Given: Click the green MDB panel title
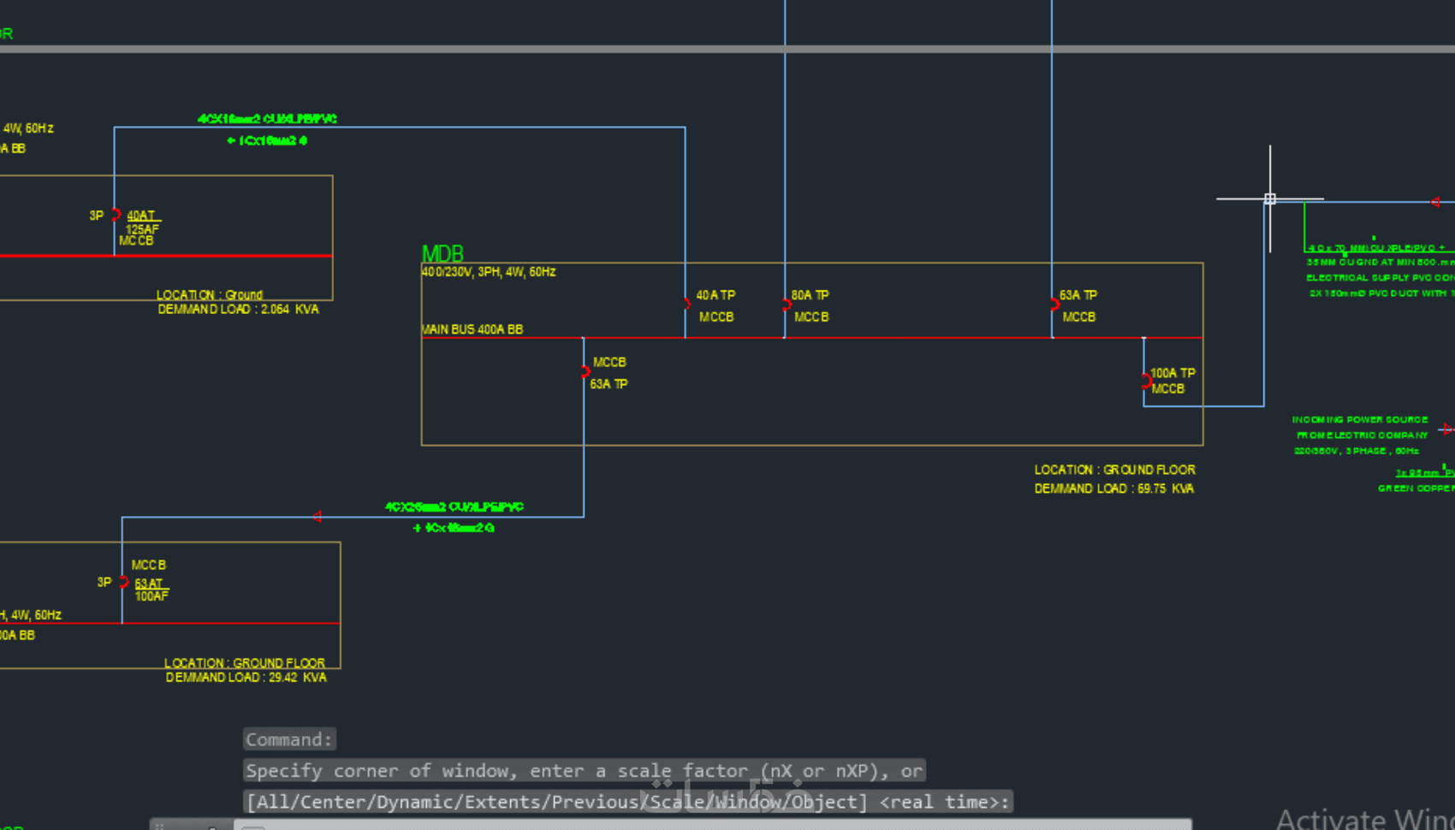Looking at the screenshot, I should tap(442, 254).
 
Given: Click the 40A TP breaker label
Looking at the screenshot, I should tap(716, 295).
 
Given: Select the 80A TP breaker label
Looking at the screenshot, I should tap(810, 295).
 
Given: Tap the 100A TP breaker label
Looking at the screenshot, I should tap(1173, 373).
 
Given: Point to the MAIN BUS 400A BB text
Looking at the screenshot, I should tap(472, 329).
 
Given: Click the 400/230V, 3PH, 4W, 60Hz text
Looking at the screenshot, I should tap(489, 272).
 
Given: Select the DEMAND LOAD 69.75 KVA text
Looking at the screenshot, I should tap(1114, 489).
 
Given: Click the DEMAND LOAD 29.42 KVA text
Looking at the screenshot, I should tap(246, 678).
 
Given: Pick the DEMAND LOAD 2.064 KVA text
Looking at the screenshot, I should tap(238, 310).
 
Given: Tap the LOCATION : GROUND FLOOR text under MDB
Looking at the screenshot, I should tap(1114, 470).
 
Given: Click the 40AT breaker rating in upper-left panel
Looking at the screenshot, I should tap(142, 216).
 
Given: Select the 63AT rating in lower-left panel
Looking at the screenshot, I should tap(149, 584).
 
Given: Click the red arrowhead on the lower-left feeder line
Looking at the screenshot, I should tap(318, 517).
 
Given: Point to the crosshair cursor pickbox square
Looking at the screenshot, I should tap(1270, 199).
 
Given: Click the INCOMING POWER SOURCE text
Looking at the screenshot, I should tap(1359, 420).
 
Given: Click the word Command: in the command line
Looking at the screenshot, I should tap(288, 739).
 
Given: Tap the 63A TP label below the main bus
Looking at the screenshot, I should tap(609, 384).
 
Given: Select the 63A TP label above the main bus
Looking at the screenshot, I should tap(1078, 295).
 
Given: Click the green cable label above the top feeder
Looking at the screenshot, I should tap(267, 119).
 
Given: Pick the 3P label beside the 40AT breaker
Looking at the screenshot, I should tap(97, 216).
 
